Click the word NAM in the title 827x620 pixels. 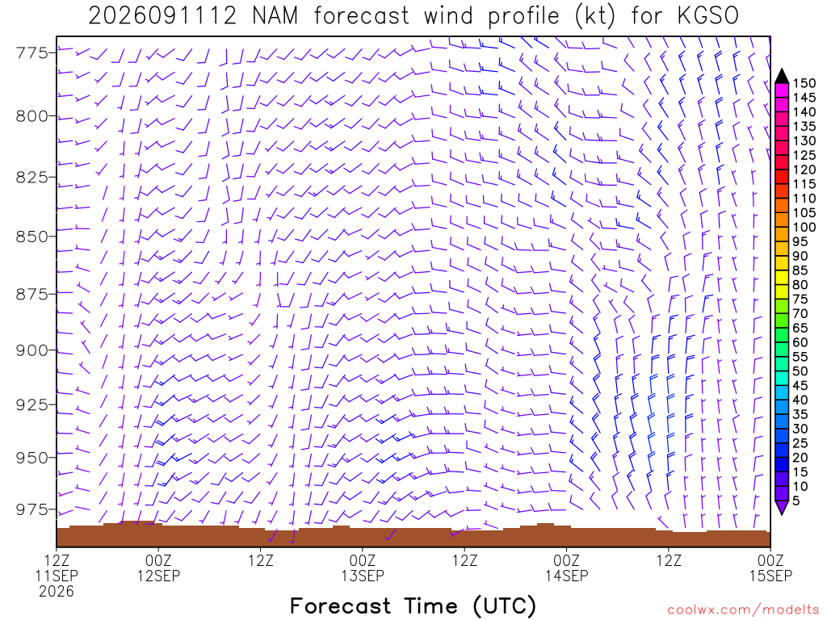(275, 16)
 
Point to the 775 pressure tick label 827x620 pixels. (32, 52)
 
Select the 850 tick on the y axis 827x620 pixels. (32, 237)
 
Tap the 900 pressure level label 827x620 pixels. (32, 350)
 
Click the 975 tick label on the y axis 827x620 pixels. (32, 509)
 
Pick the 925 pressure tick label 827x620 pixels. (32, 405)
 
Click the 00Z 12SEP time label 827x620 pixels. (159, 568)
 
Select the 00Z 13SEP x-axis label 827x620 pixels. (363, 568)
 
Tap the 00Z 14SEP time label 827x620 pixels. (566, 568)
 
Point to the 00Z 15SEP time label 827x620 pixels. (770, 568)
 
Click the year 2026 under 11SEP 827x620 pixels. (57, 591)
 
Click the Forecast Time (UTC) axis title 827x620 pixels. (413, 605)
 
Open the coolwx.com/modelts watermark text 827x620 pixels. (743, 610)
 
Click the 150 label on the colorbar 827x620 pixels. (804, 83)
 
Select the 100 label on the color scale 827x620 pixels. (804, 227)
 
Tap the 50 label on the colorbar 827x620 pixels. (800, 371)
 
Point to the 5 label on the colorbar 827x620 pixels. (796, 501)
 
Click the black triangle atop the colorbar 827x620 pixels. (782, 77)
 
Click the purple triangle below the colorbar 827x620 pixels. (782, 507)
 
